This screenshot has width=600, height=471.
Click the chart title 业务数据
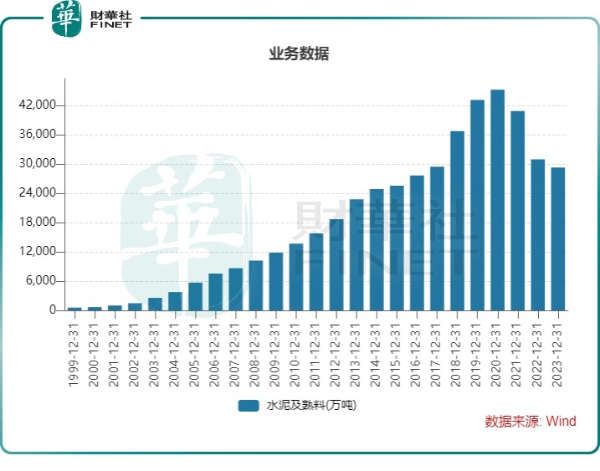(x=299, y=54)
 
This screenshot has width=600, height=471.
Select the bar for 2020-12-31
(x=497, y=200)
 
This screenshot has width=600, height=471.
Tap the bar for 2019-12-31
(x=477, y=205)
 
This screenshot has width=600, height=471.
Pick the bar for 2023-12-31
(x=557, y=239)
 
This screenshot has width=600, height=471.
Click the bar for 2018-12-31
(x=457, y=221)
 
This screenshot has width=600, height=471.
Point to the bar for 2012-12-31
(x=336, y=264)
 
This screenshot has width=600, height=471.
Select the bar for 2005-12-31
(x=195, y=296)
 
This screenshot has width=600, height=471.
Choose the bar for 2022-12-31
(x=537, y=235)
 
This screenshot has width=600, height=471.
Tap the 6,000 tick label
(x=42, y=281)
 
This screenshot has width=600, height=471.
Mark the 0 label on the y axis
(x=53, y=310)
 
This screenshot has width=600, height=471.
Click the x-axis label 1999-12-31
(x=74, y=349)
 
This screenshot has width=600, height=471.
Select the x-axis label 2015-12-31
(x=397, y=349)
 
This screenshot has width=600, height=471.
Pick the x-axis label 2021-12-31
(x=517, y=349)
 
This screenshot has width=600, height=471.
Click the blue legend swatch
(x=248, y=406)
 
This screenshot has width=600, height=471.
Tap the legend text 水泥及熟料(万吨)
(x=311, y=406)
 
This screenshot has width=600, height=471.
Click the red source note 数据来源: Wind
(x=531, y=422)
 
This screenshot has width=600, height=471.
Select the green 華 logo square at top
(x=67, y=18)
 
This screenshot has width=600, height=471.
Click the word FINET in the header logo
(x=111, y=26)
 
